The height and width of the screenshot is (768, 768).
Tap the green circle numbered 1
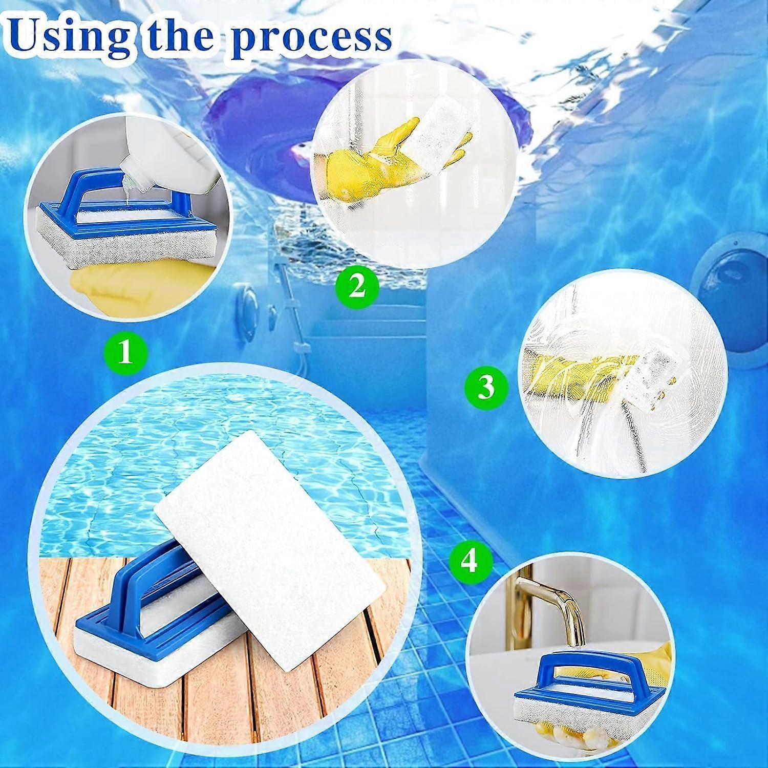(125, 353)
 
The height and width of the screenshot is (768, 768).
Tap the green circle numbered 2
(357, 286)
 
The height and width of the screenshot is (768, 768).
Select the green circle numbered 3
(486, 387)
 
